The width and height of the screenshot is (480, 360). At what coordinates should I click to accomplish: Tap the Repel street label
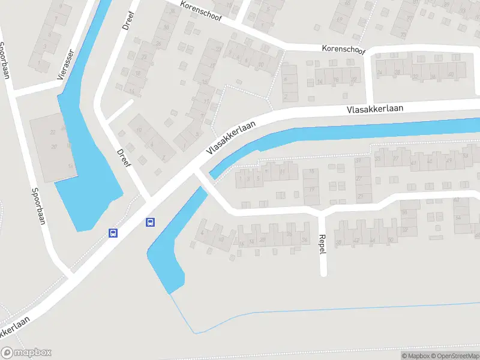(322, 244)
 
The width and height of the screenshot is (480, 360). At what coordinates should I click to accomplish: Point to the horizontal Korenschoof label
(344, 47)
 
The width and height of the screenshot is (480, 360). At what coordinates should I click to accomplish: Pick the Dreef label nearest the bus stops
(124, 157)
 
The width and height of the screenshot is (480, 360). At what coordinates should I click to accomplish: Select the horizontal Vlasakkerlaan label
(374, 109)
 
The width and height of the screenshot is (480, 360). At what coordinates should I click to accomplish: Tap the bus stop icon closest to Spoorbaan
(112, 232)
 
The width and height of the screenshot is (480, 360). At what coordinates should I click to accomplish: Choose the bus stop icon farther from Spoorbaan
(150, 222)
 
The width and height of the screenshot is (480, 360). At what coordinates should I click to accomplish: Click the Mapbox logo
(26, 353)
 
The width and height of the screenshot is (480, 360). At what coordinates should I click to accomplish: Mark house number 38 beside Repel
(338, 242)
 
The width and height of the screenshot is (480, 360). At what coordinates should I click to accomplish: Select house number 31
(359, 161)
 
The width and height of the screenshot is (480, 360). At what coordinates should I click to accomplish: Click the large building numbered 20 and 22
(54, 147)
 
